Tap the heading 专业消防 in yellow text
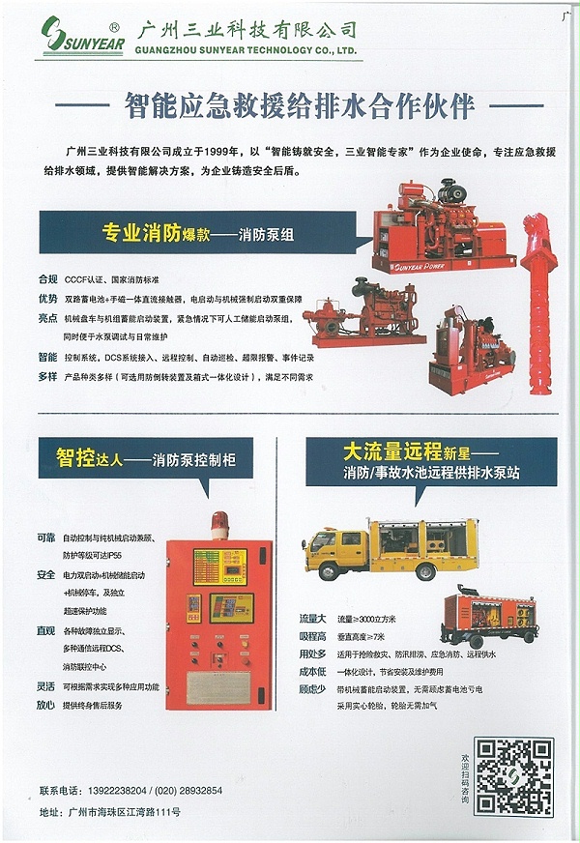(141, 233)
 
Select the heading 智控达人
(88, 457)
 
